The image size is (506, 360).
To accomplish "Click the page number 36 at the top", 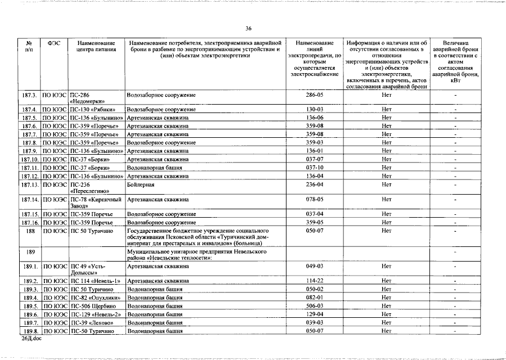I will tap(248, 29).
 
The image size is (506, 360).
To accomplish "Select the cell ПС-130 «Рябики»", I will tap(93, 109).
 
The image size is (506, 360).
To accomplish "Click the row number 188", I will tap(29, 231).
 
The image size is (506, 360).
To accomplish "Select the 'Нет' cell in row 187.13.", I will tap(386, 184).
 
